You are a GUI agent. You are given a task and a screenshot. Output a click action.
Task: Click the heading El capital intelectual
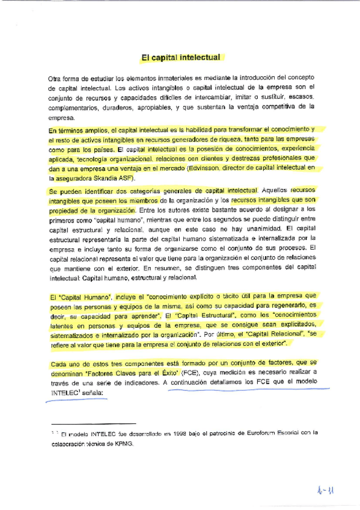[x=181, y=58]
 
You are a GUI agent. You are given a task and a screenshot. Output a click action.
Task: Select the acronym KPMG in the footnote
[x=123, y=446]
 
